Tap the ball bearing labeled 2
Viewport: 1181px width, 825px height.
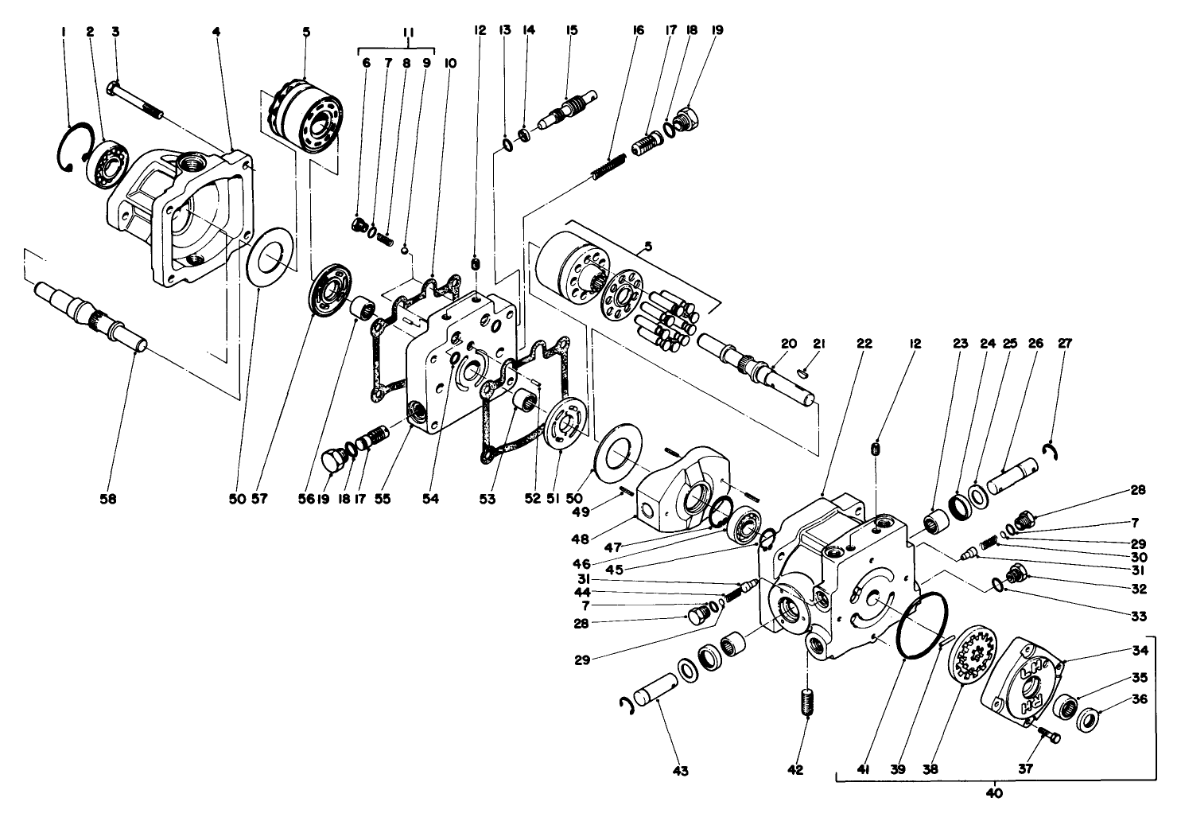105,162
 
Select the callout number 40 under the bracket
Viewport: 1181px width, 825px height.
993,792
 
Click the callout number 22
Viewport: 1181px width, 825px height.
864,344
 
